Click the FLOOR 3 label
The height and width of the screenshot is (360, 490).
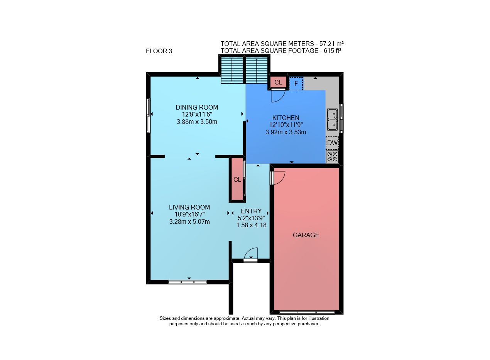159,51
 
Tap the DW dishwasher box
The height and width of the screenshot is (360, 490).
332,143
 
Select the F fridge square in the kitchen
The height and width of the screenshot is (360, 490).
296,84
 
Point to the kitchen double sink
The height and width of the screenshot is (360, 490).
333,120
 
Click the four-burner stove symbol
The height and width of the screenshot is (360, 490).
333,157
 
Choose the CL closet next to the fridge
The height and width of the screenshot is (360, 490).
278,82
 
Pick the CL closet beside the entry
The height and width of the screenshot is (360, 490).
237,179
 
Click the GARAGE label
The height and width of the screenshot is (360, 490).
306,235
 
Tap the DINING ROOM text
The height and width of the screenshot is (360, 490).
197,107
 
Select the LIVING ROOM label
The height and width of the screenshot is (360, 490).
189,207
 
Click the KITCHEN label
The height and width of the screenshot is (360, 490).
286,118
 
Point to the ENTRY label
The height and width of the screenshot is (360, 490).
251,211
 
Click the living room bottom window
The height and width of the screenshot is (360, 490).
188,282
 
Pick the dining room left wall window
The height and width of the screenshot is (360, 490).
148,115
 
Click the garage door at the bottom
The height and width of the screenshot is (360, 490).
307,312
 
